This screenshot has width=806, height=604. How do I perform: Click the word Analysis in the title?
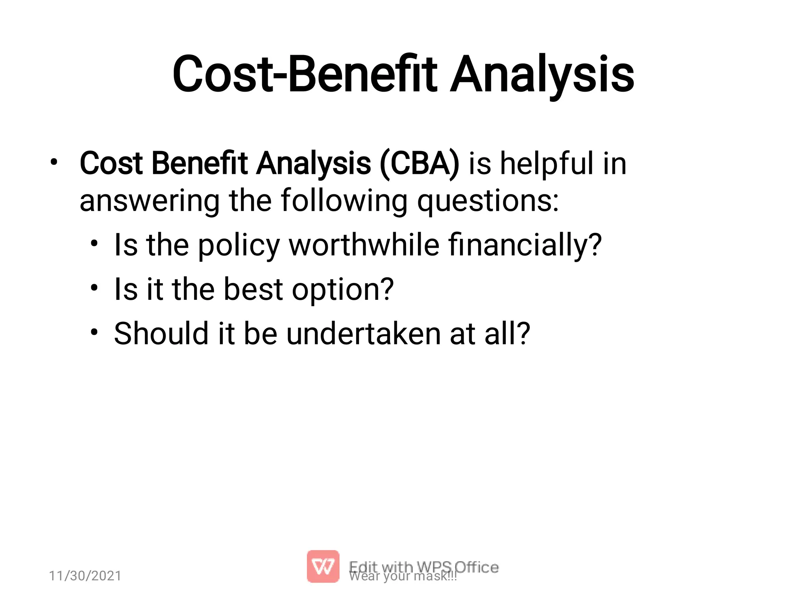542,75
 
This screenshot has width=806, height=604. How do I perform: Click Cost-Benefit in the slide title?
305,75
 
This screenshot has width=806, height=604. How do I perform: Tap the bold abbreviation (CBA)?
420,163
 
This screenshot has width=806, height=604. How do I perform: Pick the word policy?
238,246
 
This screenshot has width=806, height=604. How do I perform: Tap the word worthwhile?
364,245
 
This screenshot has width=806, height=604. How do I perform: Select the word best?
253,289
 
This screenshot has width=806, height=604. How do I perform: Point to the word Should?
161,333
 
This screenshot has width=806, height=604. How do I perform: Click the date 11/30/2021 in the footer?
85,576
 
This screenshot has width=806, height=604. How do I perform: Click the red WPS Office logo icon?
323,566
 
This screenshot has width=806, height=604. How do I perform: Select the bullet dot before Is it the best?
94,288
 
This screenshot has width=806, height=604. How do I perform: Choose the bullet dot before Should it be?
94,332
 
